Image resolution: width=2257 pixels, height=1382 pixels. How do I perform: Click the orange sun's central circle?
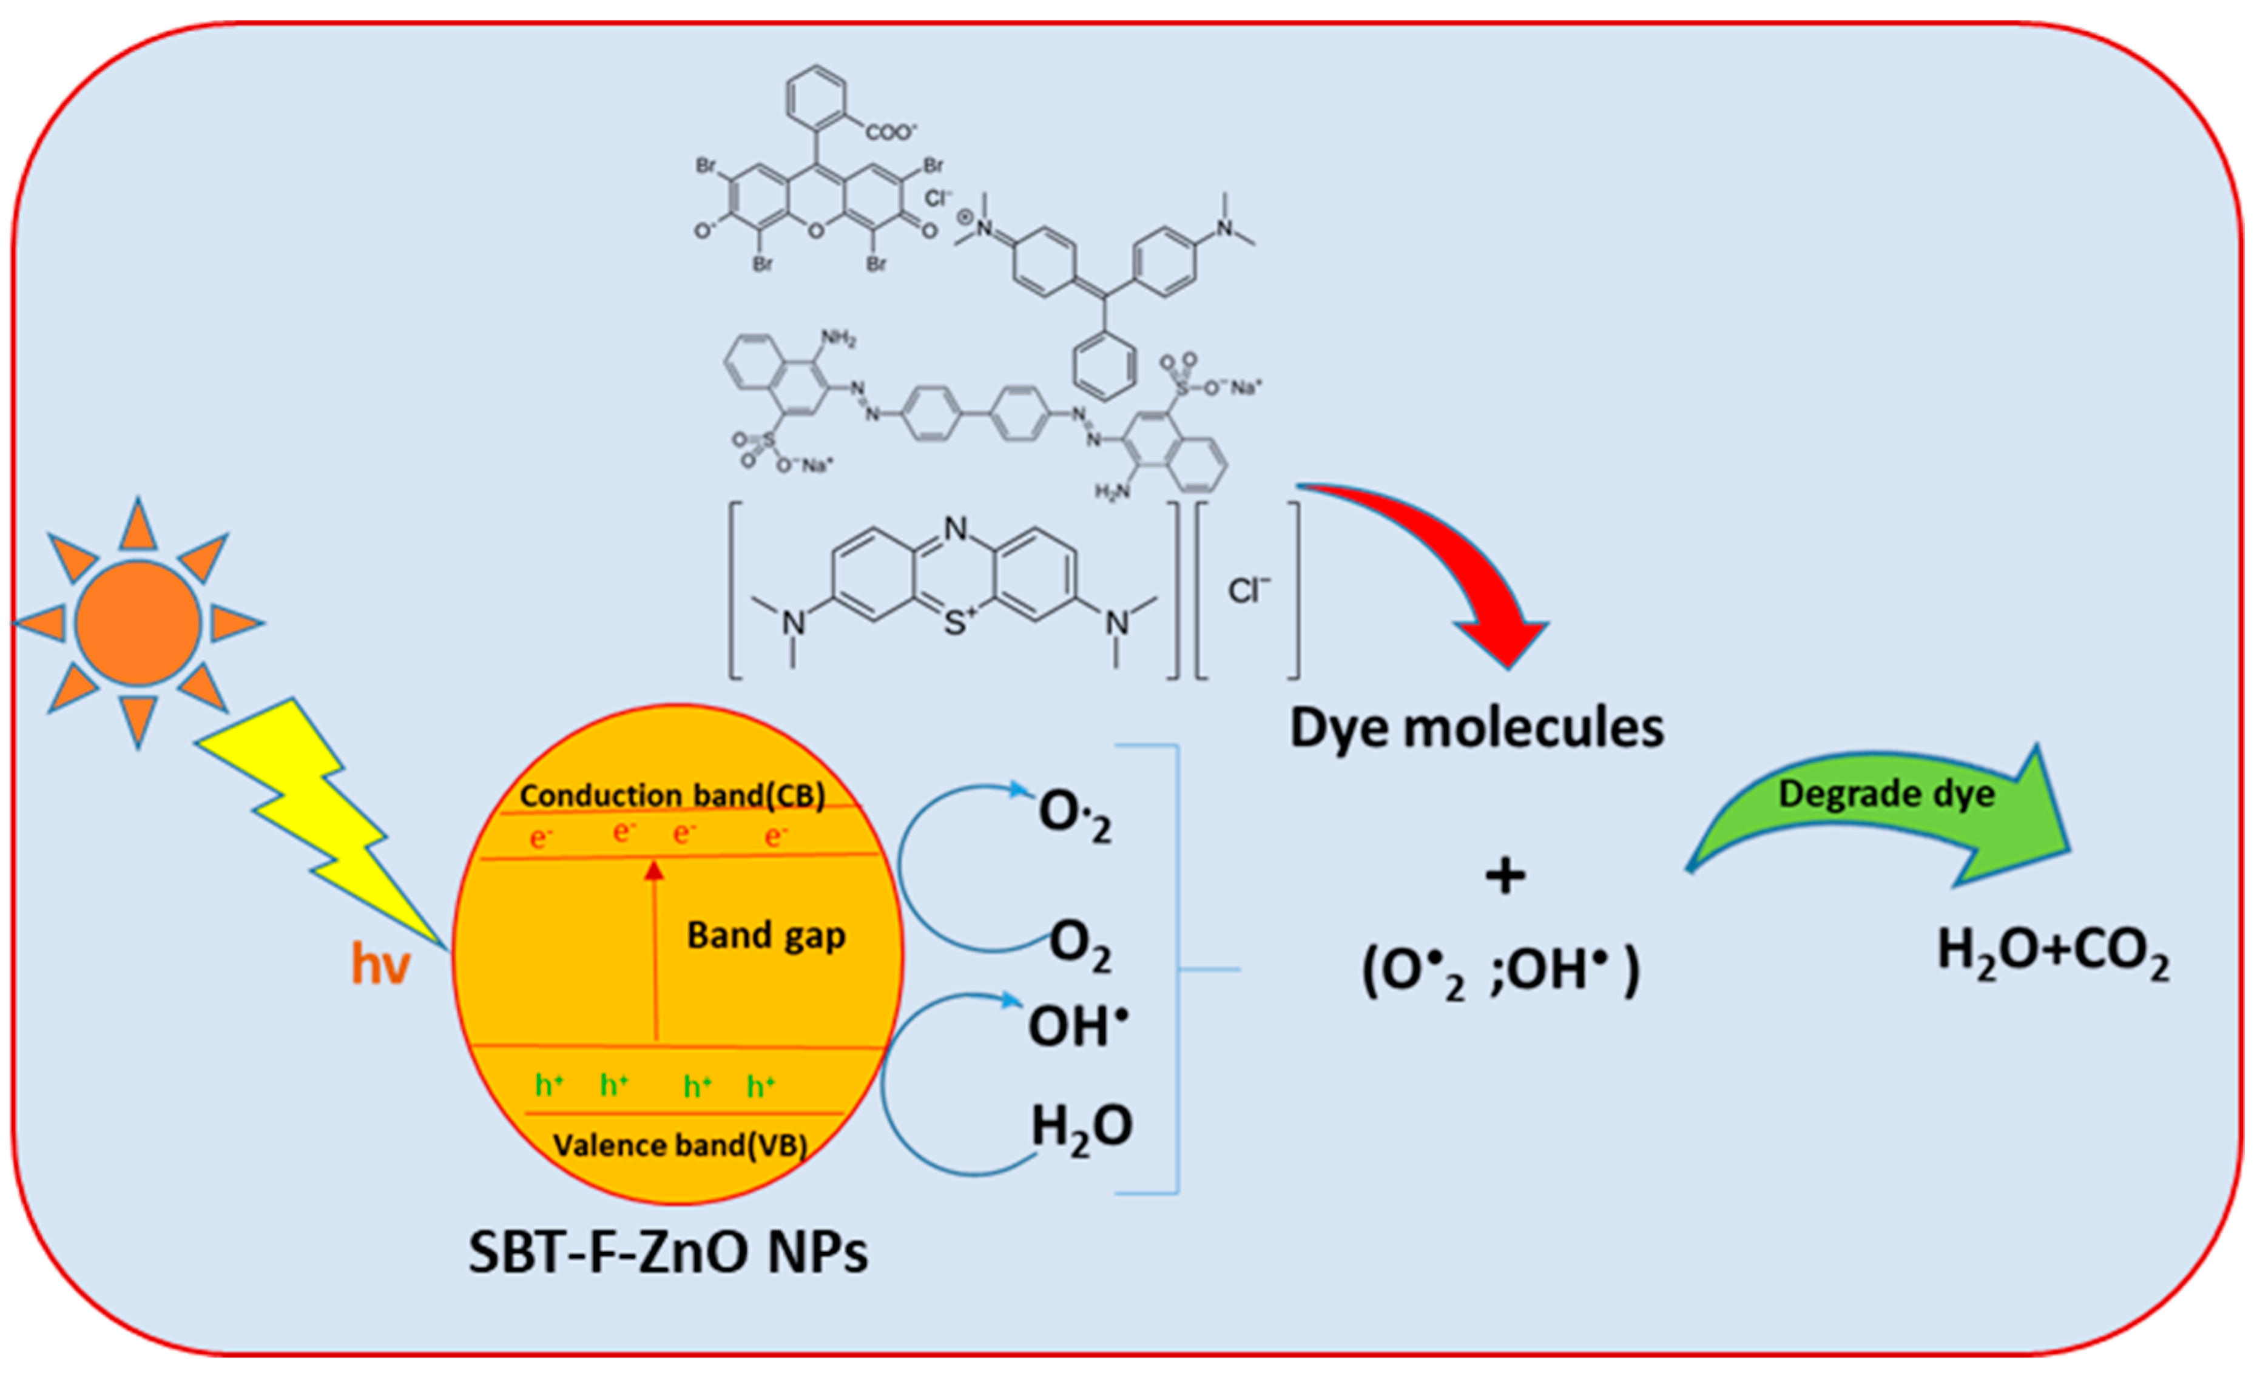(x=138, y=623)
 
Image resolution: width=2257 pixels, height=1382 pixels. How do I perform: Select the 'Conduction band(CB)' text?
(x=672, y=795)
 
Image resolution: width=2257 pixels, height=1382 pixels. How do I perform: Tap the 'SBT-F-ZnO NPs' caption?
(x=668, y=1253)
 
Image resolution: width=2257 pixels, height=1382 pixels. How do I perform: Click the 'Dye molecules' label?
(x=1477, y=728)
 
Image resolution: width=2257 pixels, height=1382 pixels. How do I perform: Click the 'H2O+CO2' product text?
(x=2053, y=952)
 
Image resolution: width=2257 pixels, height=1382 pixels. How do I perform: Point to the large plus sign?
(x=1505, y=877)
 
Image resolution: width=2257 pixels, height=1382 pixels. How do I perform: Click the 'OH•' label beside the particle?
(x=1077, y=1026)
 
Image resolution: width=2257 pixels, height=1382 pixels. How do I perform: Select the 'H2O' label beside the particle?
(x=1081, y=1127)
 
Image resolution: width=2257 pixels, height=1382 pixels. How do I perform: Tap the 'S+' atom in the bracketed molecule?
(x=957, y=624)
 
